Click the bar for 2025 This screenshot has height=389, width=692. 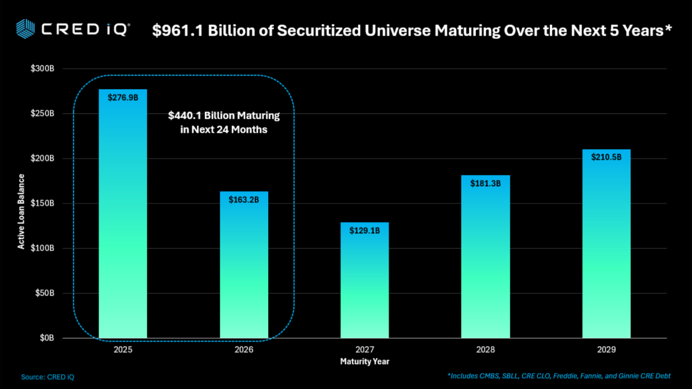[x=123, y=219]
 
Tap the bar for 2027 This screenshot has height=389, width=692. [x=364, y=282]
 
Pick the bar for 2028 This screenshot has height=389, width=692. [x=486, y=259]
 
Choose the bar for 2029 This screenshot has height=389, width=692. [x=606, y=248]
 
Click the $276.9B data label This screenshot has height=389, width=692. [x=123, y=98]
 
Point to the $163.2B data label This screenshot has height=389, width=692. [x=244, y=201]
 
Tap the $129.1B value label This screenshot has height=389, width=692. [x=364, y=231]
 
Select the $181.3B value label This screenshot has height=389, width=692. [x=486, y=184]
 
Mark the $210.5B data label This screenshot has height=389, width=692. [x=606, y=157]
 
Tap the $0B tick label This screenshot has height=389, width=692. [x=47, y=338]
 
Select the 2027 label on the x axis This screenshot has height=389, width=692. [x=364, y=350]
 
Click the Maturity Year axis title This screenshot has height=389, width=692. [x=364, y=362]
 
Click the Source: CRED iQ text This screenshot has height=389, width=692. [x=48, y=377]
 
